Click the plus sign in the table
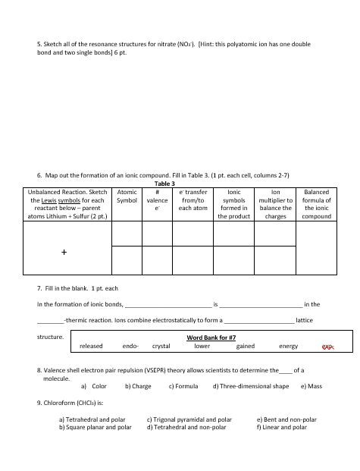(x=65, y=254)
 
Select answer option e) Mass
(x=311, y=386)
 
